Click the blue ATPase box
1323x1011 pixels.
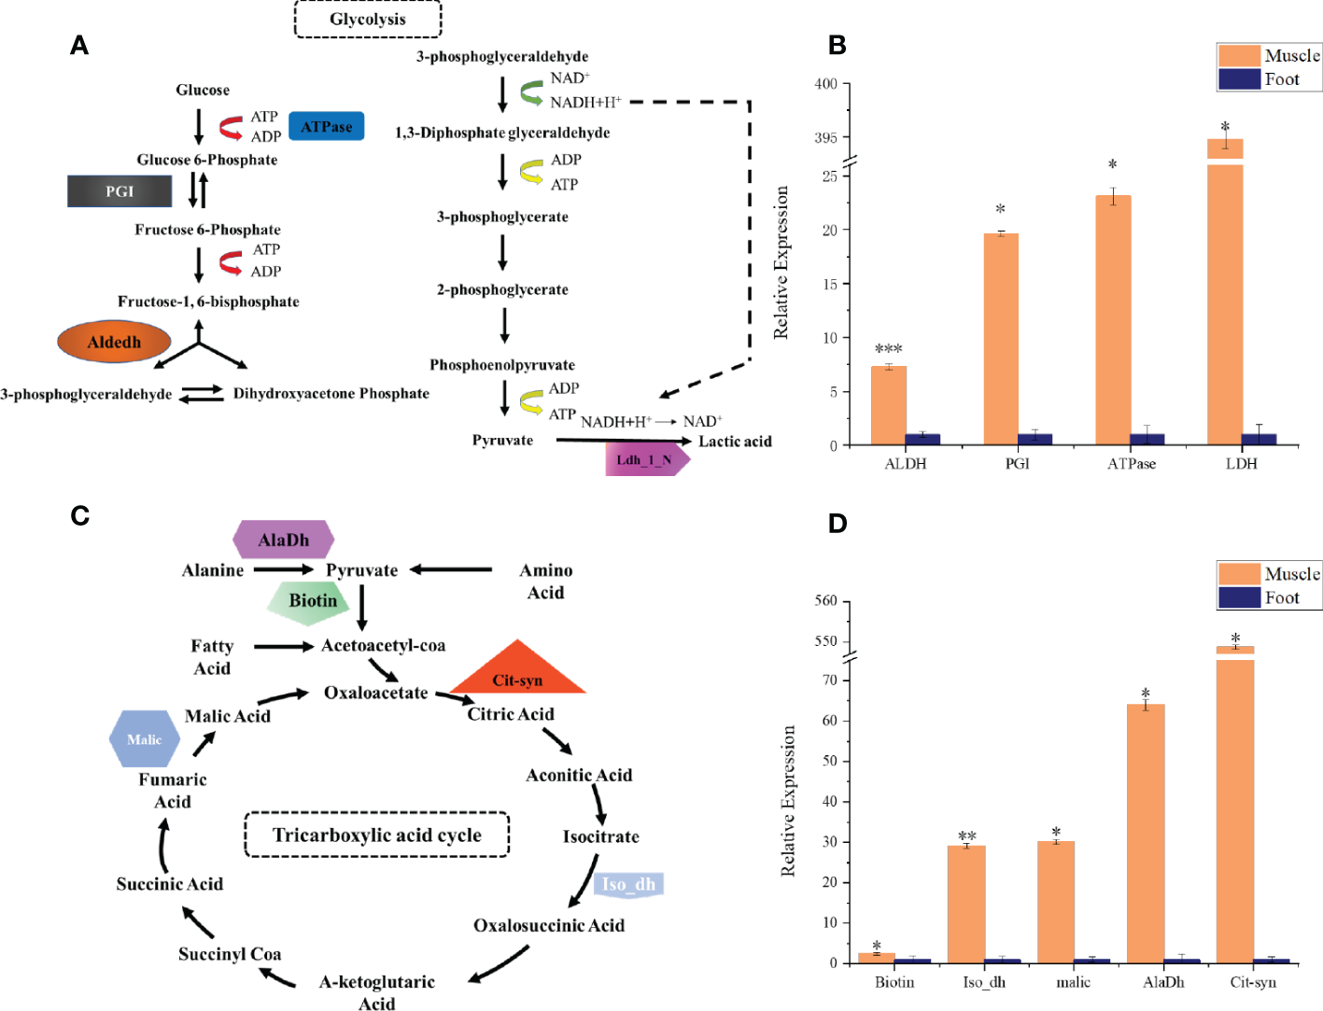326,126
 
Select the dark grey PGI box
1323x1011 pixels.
120,191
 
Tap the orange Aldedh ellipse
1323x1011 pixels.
114,343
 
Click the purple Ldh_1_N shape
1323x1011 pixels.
645,459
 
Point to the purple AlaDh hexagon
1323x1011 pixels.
283,540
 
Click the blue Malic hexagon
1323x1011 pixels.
145,739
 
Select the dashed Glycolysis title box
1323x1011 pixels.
368,19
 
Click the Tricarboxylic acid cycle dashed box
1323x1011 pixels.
376,835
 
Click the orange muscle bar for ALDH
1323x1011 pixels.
888,406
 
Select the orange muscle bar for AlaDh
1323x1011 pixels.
1146,833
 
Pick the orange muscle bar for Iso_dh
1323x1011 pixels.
966,904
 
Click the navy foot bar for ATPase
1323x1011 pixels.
1147,440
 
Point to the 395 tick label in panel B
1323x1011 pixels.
825,138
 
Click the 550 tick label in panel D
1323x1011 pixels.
825,641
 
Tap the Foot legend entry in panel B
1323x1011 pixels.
1270,79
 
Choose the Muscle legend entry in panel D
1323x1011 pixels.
1270,573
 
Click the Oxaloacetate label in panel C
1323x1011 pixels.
375,693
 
